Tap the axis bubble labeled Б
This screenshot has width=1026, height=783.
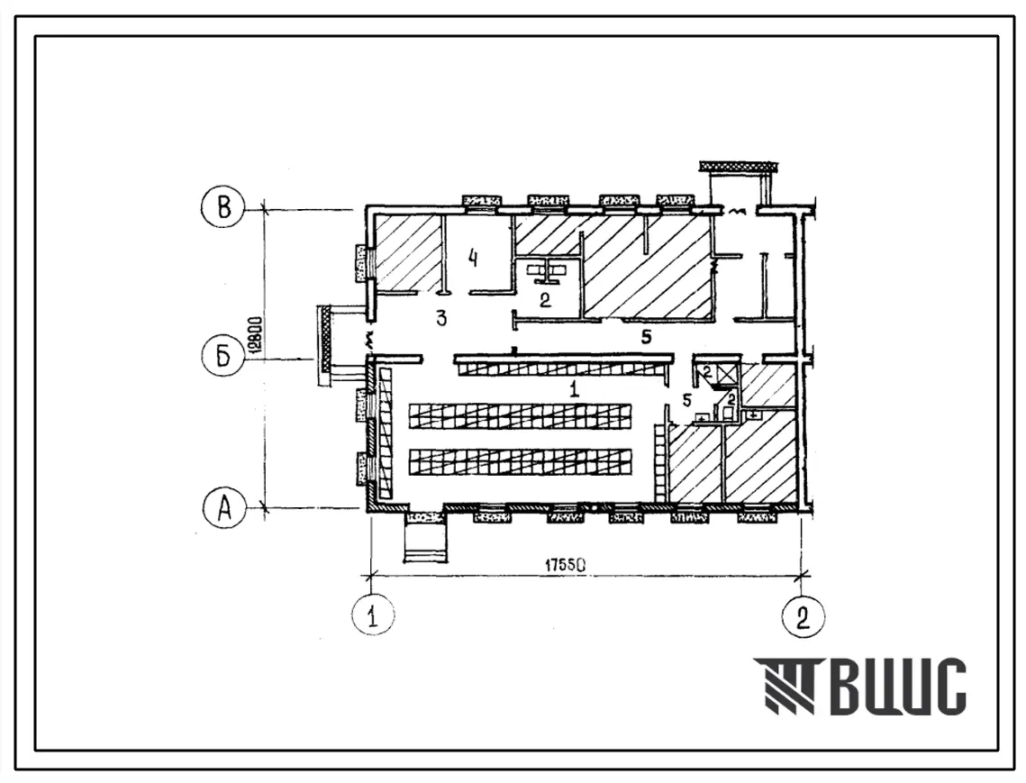(x=223, y=358)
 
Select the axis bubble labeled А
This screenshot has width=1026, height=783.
(x=224, y=507)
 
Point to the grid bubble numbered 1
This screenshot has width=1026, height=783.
(x=373, y=615)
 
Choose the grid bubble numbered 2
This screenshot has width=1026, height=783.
(x=803, y=615)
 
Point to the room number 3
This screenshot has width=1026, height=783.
(x=441, y=319)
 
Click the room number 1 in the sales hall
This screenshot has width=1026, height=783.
(x=574, y=390)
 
